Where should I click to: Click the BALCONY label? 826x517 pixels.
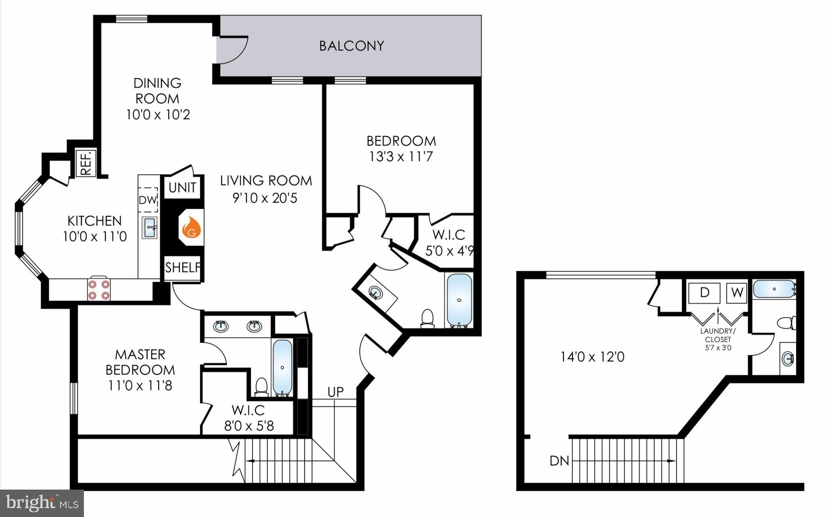(351, 46)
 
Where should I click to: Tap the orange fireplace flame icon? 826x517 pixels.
(192, 228)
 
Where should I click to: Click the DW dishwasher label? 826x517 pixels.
(148, 200)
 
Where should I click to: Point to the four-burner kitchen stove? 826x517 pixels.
(99, 289)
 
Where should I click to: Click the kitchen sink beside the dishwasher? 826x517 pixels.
(150, 228)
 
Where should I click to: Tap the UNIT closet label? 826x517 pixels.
(182, 187)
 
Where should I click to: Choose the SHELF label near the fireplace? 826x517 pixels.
(183, 267)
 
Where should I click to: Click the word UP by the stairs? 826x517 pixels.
(336, 392)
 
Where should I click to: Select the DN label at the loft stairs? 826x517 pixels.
(559, 461)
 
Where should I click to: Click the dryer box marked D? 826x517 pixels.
(704, 293)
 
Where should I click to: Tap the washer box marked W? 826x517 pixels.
(737, 293)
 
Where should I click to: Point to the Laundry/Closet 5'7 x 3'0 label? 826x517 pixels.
(718, 339)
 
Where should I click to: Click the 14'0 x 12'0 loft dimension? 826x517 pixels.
(592, 357)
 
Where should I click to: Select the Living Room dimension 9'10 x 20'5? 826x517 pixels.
(265, 198)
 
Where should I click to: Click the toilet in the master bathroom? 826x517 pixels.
(262, 386)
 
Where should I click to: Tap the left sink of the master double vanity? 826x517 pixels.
(220, 326)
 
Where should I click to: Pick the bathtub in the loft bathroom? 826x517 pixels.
(774, 289)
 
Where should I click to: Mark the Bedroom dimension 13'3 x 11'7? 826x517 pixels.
(401, 156)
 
